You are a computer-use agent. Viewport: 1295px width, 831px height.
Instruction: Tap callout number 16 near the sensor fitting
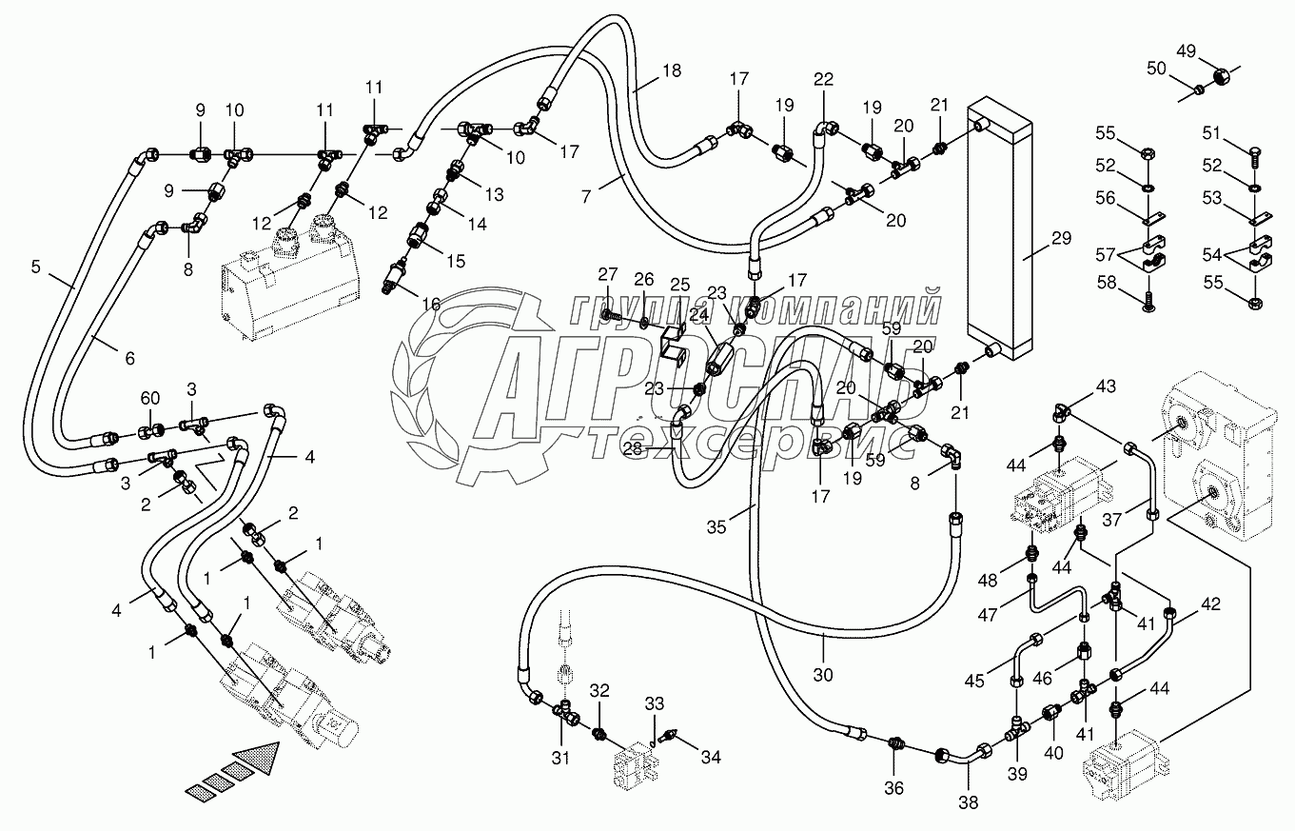coord(431,304)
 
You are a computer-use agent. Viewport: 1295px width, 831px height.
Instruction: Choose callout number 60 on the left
coord(151,398)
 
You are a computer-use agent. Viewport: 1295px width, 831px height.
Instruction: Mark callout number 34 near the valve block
coord(712,758)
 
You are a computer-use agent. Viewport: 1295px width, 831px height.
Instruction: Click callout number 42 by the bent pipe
coord(1210,603)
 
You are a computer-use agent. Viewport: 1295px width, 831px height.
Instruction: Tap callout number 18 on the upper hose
coord(672,69)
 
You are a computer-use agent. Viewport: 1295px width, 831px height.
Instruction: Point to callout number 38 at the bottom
coord(968,801)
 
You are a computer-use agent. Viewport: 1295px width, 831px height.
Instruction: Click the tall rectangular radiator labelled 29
coord(993,238)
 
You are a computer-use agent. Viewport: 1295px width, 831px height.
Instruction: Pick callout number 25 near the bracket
coord(679,286)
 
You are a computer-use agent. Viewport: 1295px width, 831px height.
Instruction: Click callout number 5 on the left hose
coord(35,267)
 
